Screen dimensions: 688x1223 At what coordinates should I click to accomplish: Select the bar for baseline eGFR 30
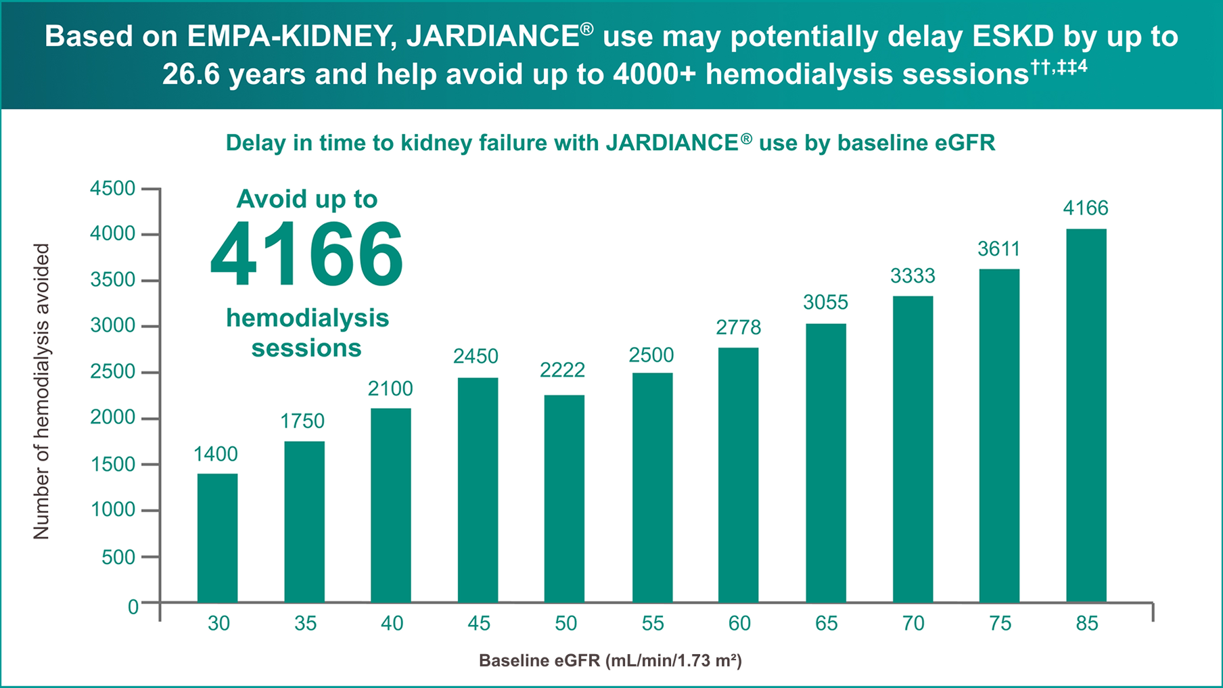coord(217,538)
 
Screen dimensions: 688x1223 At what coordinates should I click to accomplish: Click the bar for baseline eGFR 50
coord(564,499)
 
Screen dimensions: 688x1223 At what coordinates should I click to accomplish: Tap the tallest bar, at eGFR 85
coord(1086,415)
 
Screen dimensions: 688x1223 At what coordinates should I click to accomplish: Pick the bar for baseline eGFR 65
coord(825,463)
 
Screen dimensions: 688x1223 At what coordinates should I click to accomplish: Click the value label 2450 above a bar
coord(476,357)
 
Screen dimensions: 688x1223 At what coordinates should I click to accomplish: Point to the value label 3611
coord(998,250)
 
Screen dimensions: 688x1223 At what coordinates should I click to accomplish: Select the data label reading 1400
coord(216,454)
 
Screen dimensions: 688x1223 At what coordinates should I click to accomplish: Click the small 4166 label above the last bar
coord(1085,208)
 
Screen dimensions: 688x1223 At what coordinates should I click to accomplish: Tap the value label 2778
coord(738,328)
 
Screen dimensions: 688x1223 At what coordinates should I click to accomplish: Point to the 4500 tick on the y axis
coord(113,189)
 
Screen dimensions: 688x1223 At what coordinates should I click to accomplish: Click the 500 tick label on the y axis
coord(118,557)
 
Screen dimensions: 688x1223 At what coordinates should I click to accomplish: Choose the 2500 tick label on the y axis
coord(113,372)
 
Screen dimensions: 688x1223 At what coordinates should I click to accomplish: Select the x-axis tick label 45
coord(478,623)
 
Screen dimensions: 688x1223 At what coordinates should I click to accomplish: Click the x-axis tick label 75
coord(1000,623)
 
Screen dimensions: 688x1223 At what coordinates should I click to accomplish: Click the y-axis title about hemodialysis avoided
coord(41,392)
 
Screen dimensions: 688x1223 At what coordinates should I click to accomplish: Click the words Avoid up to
coord(306,199)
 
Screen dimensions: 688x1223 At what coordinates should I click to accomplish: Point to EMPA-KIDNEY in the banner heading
coord(292,37)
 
